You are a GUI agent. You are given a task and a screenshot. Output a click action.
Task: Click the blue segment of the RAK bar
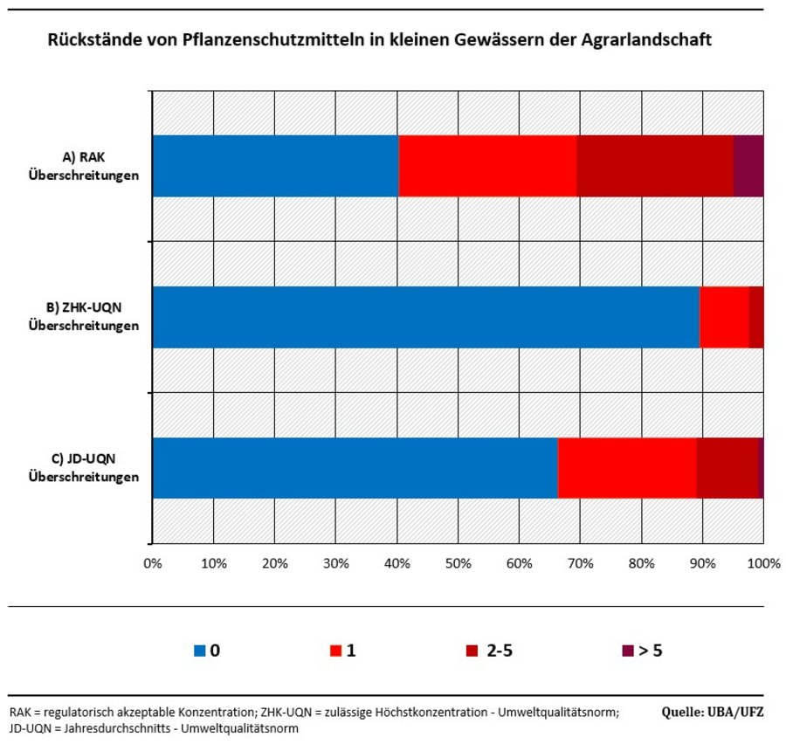275,166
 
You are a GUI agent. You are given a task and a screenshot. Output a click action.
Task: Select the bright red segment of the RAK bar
487,166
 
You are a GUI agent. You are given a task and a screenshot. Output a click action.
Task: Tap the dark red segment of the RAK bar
655,166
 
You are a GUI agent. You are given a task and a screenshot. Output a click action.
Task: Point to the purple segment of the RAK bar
748,166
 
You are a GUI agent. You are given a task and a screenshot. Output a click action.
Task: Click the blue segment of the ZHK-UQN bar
425,317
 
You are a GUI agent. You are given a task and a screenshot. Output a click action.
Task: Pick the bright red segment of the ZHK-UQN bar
724,317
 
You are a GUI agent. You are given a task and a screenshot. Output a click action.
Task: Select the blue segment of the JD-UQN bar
355,468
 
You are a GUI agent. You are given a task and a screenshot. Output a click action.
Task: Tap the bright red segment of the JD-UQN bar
627,468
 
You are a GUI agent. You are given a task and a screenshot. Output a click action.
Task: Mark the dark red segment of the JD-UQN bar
727,468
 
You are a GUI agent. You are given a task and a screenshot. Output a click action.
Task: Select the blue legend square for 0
200,651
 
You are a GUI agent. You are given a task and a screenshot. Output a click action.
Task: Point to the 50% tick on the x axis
458,563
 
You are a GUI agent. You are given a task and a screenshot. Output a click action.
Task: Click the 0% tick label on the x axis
153,563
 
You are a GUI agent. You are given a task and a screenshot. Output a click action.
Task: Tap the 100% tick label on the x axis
763,563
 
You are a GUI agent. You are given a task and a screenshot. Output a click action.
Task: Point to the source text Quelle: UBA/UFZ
713,712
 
